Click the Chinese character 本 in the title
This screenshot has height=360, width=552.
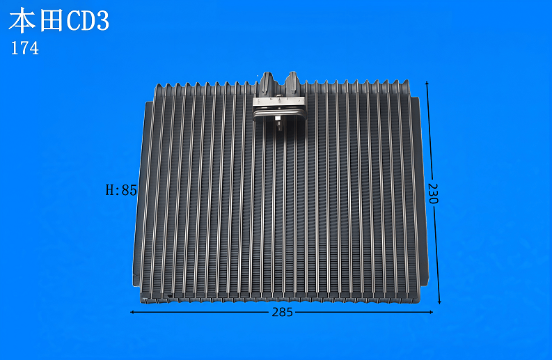(22, 20)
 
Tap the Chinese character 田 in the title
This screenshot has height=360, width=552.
(52, 20)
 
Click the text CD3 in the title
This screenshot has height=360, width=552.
(88, 21)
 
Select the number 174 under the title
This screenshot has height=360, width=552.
(24, 48)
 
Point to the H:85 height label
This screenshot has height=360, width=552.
(121, 190)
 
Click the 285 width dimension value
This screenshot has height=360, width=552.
(283, 312)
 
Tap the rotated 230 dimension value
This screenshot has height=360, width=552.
(433, 194)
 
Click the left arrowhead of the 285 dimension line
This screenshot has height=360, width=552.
(132, 312)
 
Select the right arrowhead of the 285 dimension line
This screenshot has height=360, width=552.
(430, 312)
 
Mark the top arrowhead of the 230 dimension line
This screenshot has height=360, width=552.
(427, 84)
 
